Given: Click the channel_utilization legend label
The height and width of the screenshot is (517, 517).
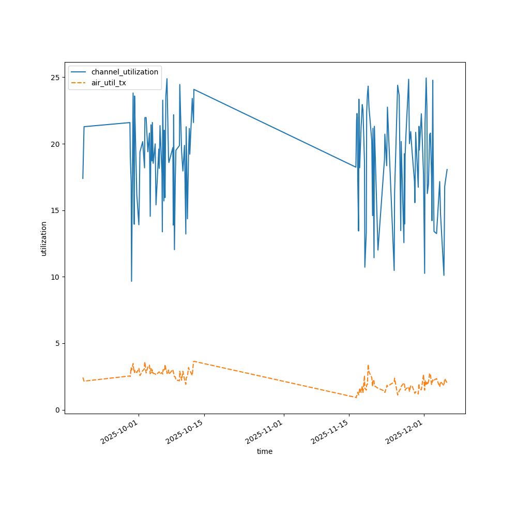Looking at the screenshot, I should click(125, 72).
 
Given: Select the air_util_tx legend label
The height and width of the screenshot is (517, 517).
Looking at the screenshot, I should click(109, 83).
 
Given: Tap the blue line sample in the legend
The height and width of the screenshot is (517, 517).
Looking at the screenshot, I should click(80, 72).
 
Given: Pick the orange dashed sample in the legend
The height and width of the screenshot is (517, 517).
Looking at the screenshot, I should click(80, 83).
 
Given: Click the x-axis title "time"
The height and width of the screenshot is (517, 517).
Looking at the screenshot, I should click(265, 451).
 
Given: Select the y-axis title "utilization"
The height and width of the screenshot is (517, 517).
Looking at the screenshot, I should click(44, 238).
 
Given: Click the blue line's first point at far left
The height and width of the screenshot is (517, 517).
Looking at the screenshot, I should click(83, 178).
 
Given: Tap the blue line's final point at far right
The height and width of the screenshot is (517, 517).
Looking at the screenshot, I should click(447, 170).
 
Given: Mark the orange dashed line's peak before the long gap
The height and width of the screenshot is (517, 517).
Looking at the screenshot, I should click(193, 361).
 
